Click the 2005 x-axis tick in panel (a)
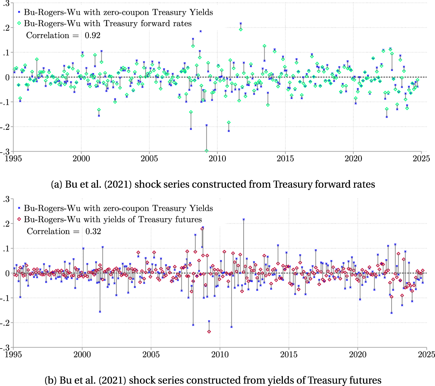pyautogui.click(x=149, y=158)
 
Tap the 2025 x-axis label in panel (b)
pyautogui.click(x=426, y=354)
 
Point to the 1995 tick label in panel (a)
pyautogui.click(x=13, y=158)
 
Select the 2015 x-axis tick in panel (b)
pyautogui.click(x=289, y=354)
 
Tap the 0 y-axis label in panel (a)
pyautogui.click(x=8, y=77)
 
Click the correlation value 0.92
pyautogui.click(x=92, y=36)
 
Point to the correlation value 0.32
pyautogui.click(x=93, y=231)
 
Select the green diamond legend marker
pyautogui.click(x=19, y=23)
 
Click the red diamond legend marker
pyautogui.click(x=19, y=219)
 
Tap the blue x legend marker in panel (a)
pyautogui.click(x=19, y=12)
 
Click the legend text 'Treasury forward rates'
pyautogui.click(x=148, y=23)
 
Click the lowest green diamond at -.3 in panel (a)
pyautogui.click(x=206, y=151)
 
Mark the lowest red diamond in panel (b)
pyautogui.click(x=209, y=331)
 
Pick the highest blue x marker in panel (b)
pyautogui.click(x=244, y=219)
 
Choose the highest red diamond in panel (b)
pyautogui.click(x=202, y=229)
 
